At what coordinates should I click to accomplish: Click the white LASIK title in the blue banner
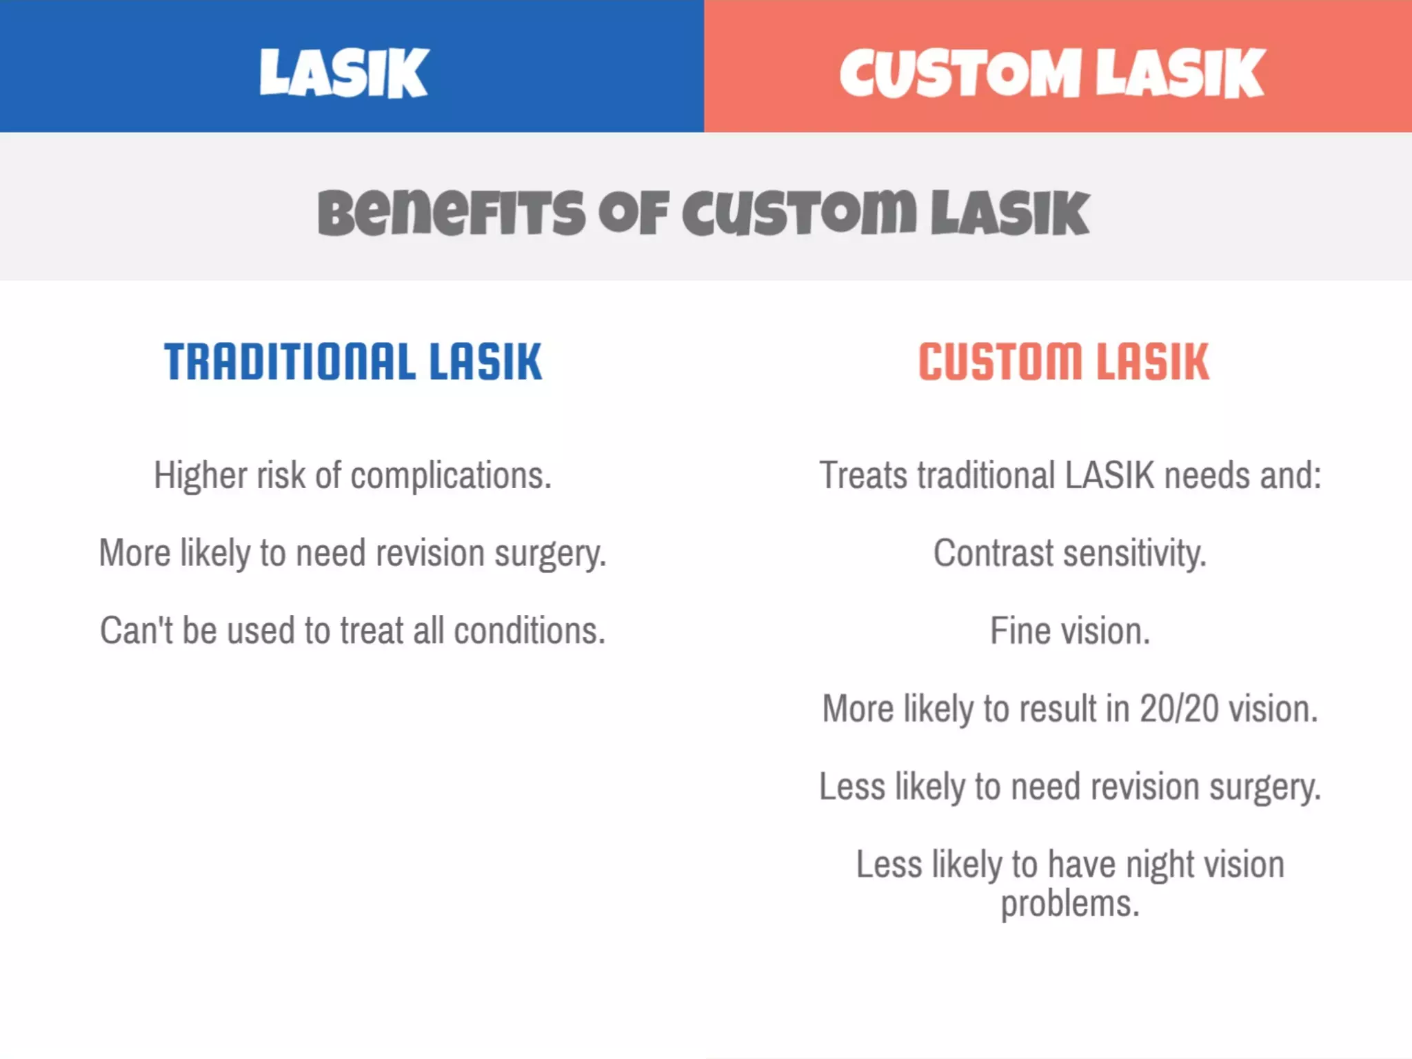344,72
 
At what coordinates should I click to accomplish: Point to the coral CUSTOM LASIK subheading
1064,362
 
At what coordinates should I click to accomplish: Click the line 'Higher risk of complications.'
352,476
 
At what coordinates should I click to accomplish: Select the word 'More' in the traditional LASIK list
134,553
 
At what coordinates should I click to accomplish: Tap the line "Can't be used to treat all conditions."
352,631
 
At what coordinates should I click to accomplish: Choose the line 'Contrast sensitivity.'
1070,553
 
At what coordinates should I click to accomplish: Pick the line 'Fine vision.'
1070,631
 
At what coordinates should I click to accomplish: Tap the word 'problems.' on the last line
1070,904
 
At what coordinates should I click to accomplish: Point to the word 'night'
1160,865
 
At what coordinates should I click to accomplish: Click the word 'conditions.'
529,631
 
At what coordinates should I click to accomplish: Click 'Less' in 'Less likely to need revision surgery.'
852,787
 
